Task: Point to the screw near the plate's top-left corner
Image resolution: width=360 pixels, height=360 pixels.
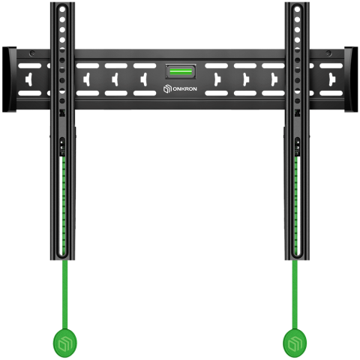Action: pyautogui.click(x=32, y=54)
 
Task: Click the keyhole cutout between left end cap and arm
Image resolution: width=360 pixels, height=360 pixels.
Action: pyautogui.click(x=32, y=77)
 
